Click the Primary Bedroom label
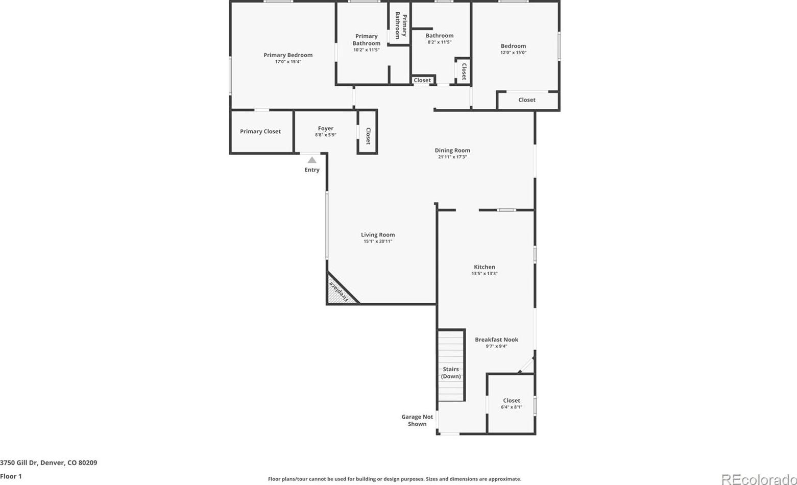tap(288, 55)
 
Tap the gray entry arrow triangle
tap(312, 160)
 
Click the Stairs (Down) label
tap(451, 373)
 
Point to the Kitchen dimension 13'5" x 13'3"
tap(485, 274)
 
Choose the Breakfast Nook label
tap(496, 339)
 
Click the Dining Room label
tap(452, 150)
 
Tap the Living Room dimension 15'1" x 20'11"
tap(378, 241)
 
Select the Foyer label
tap(326, 129)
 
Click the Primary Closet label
tap(260, 131)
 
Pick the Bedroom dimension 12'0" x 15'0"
tap(514, 52)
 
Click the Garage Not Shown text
tap(417, 420)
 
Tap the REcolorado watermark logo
tap(759, 479)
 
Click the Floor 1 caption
tap(11, 476)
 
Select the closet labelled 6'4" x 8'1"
tap(511, 403)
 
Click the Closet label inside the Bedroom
tap(526, 100)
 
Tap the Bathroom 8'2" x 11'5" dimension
tap(440, 42)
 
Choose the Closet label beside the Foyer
tap(368, 136)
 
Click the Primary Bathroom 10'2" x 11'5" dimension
tap(367, 50)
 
